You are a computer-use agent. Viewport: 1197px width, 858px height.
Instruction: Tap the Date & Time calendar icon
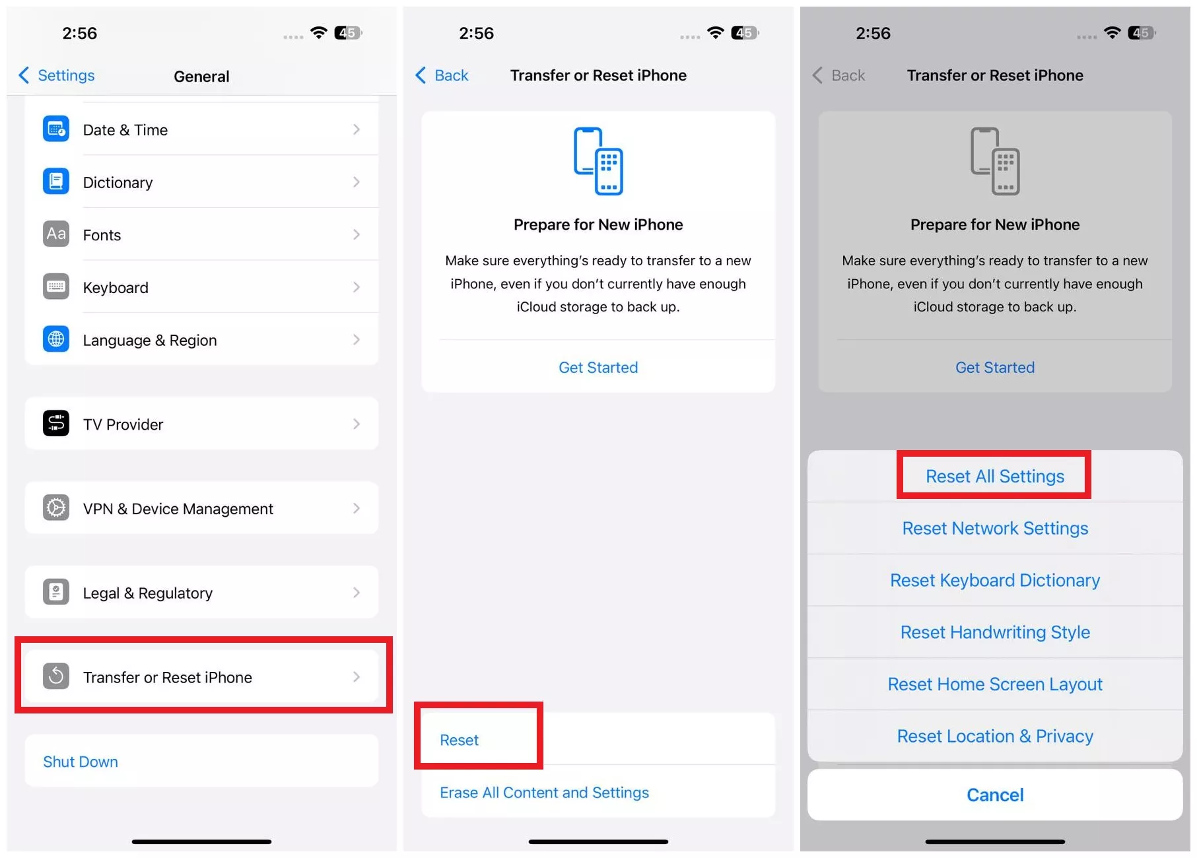[56, 129]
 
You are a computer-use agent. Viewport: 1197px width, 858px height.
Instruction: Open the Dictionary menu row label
[118, 182]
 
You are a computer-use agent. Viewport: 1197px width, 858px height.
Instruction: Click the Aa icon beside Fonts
[56, 234]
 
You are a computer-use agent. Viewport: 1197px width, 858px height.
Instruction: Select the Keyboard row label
[116, 288]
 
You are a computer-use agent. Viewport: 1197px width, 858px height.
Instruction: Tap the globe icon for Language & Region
[56, 339]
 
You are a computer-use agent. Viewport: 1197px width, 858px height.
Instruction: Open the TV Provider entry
[123, 424]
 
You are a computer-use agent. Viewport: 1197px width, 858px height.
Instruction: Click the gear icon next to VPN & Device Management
[56, 508]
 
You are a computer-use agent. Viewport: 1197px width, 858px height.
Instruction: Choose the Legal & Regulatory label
[148, 593]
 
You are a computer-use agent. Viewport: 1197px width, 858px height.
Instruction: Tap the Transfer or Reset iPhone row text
[168, 677]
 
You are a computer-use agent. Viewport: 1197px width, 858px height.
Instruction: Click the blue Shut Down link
[81, 762]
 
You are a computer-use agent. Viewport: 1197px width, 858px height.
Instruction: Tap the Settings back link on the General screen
[57, 75]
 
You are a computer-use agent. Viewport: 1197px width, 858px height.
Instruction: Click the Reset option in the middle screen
[460, 740]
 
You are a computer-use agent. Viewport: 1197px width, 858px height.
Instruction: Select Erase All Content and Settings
[545, 792]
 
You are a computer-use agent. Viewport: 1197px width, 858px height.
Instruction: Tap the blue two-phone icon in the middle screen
[598, 161]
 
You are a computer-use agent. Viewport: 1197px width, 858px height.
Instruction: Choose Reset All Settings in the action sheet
[995, 477]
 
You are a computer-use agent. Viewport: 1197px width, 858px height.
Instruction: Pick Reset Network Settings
[995, 528]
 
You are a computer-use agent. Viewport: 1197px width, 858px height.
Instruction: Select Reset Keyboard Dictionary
[995, 580]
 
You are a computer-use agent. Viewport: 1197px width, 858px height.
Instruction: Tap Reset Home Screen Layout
[995, 684]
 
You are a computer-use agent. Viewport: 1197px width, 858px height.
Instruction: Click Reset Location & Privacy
[995, 736]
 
